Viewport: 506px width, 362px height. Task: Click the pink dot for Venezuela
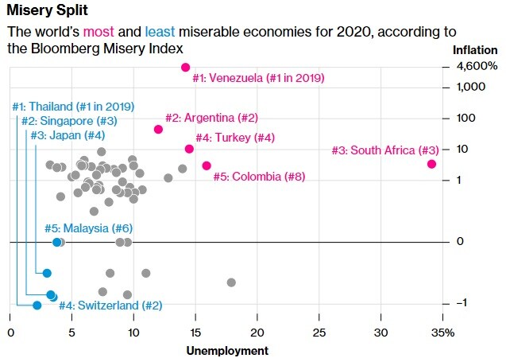[185, 68]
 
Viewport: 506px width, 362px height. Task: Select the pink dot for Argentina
[158, 129]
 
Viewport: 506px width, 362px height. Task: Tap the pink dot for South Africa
[431, 164]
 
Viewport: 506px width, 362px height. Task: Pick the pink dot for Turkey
[189, 149]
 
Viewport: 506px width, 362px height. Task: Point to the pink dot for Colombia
[207, 165]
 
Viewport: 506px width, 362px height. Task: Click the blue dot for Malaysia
[57, 242]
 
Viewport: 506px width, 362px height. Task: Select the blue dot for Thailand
[37, 306]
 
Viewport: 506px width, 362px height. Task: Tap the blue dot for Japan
[47, 274]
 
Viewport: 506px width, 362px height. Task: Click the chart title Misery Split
[47, 10]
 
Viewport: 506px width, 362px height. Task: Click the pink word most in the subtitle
[98, 32]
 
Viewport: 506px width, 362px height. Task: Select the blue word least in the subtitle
[160, 32]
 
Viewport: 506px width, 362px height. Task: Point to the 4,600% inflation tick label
[477, 67]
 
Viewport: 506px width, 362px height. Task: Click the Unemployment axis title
[227, 351]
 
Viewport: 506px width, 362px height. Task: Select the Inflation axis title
[475, 50]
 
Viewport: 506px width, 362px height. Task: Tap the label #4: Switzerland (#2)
[110, 306]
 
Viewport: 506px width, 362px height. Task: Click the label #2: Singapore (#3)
[69, 121]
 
